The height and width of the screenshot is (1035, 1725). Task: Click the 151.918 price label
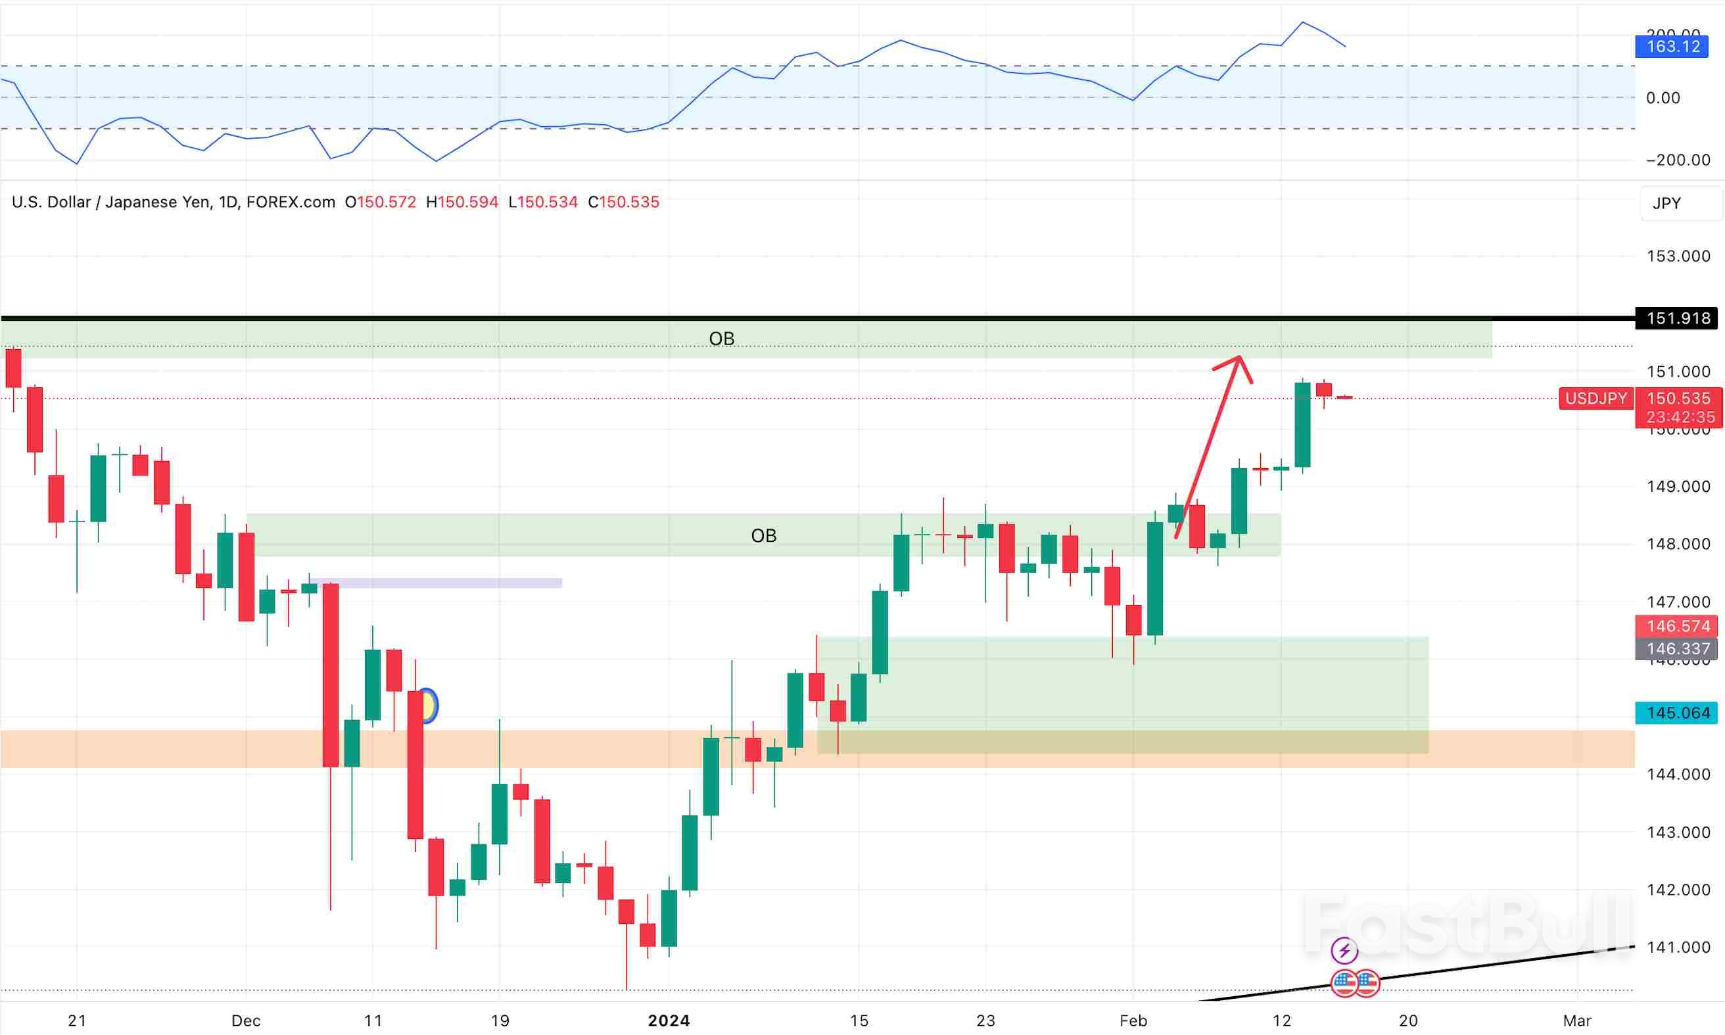coord(1678,319)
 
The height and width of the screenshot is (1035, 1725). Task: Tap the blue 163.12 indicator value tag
coord(1672,47)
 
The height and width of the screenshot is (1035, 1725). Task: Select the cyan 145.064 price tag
coord(1677,713)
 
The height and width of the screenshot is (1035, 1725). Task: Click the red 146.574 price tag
coord(1677,625)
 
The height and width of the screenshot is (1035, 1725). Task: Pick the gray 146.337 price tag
coord(1677,648)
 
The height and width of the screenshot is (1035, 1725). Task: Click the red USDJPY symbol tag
coord(1595,398)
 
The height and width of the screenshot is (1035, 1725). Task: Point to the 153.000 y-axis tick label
coord(1678,256)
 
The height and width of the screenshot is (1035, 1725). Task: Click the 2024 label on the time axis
coord(669,1021)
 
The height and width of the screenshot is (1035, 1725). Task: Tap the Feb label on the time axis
coord(1133,1021)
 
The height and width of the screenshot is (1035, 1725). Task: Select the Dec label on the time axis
coord(246,1021)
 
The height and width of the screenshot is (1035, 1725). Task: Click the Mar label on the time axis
coord(1576,1021)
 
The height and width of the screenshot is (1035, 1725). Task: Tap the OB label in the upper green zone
coord(722,338)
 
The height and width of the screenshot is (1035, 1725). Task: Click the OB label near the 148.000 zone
coord(763,536)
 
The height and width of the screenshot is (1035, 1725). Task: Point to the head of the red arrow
coord(1239,358)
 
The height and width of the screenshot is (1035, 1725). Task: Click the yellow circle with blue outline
coord(428,706)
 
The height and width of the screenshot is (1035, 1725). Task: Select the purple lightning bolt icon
coord(1344,950)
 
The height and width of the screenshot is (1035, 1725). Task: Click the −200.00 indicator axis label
coord(1678,160)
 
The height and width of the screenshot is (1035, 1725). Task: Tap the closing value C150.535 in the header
coord(623,203)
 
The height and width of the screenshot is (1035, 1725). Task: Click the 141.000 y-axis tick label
coord(1678,947)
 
